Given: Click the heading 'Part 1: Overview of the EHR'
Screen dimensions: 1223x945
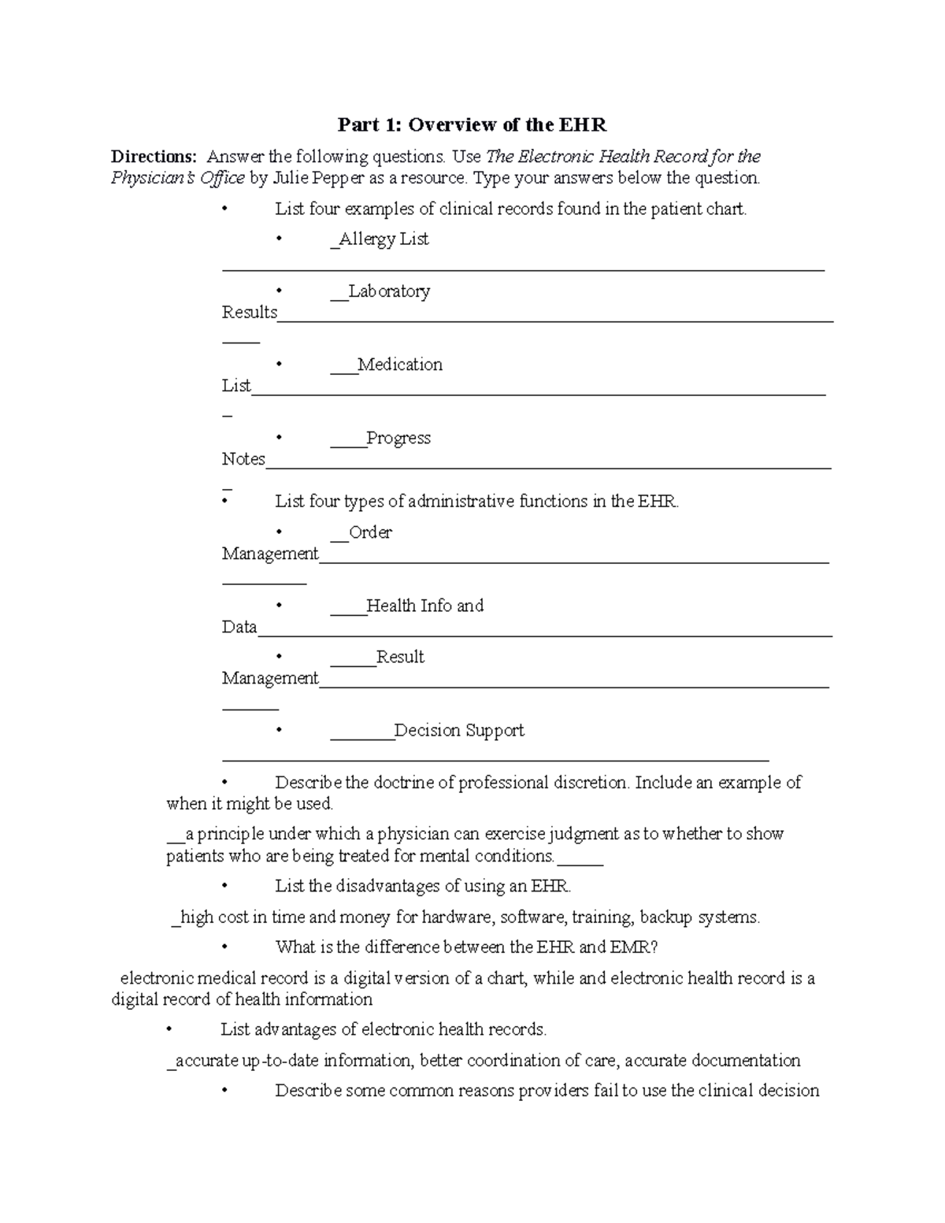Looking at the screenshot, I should click(472, 124).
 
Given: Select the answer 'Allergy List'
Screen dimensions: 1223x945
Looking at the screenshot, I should click(384, 239).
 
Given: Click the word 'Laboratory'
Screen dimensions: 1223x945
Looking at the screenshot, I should click(389, 291).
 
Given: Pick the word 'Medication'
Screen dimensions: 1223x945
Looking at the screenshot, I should click(400, 364).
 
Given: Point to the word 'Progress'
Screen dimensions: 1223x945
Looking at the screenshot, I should click(398, 438).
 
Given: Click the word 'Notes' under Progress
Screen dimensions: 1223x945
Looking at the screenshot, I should click(243, 459).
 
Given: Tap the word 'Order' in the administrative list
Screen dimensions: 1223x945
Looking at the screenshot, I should click(370, 532).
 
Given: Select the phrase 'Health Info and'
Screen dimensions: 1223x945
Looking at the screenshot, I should click(424, 606).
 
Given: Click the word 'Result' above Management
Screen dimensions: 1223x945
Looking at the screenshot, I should click(400, 657).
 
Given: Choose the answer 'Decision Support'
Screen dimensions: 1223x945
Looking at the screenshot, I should click(459, 730).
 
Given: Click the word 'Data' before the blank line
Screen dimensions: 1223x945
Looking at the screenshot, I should click(239, 627).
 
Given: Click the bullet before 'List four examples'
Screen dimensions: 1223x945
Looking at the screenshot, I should click(225, 209).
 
